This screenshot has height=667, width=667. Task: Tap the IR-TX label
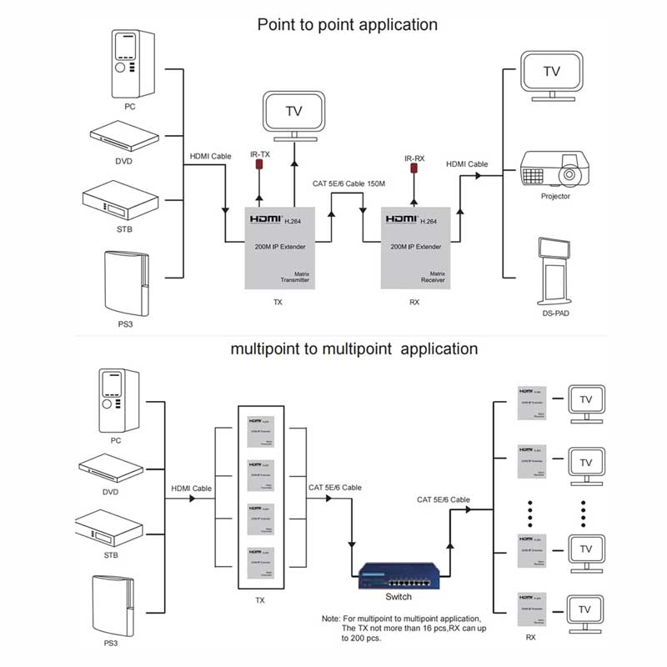[x=259, y=154]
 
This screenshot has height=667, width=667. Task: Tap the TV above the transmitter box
[x=293, y=115]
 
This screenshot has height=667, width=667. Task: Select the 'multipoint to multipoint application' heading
[x=354, y=349]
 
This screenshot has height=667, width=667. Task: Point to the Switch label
[x=399, y=598]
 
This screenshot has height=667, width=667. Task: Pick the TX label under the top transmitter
[x=278, y=303]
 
